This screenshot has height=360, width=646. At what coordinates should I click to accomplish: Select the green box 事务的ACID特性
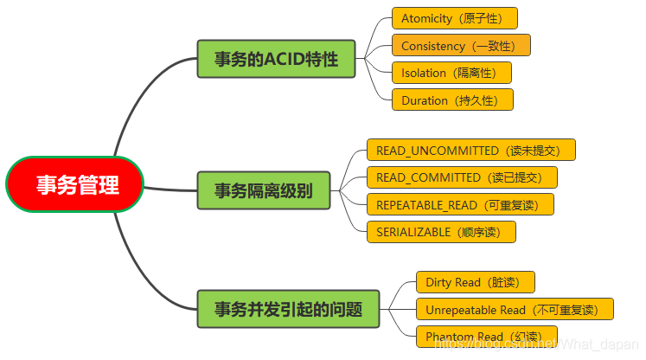tap(277, 59)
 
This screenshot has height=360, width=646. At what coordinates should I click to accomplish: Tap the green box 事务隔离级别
tap(265, 190)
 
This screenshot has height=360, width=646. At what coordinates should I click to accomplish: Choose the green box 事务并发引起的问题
tap(288, 309)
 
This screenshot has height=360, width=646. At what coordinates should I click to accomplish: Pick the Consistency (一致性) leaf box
tap(461, 45)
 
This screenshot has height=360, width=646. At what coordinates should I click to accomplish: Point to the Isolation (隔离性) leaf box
tap(451, 73)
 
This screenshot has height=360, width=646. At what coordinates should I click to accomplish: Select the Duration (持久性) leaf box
tap(451, 100)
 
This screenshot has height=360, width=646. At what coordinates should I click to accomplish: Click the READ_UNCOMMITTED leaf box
tap(470, 150)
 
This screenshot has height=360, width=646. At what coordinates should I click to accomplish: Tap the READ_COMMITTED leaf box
tap(461, 177)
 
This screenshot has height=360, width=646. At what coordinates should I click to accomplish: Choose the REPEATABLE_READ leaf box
tap(459, 204)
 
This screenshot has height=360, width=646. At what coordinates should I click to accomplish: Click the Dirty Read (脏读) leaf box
tap(475, 282)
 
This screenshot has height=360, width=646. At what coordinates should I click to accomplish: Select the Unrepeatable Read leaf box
tap(514, 309)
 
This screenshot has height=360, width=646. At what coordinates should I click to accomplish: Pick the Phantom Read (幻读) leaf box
tap(486, 337)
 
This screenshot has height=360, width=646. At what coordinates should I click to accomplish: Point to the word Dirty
tap(438, 282)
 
